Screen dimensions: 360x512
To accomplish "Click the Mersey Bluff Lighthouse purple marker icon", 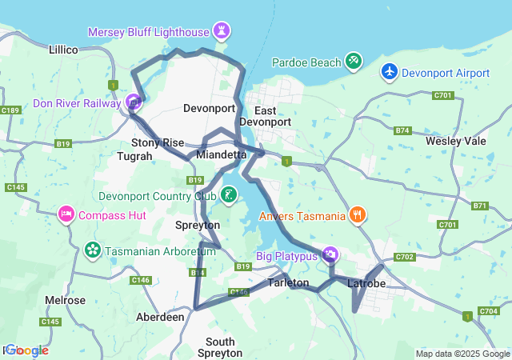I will point(222,32).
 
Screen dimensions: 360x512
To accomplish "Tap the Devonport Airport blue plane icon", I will point(390,72).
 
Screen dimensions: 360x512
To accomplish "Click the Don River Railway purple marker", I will point(134,102).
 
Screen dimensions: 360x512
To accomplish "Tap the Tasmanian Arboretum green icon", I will point(93,250).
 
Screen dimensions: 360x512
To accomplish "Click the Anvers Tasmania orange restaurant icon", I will point(358,214).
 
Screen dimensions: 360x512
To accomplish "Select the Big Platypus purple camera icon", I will point(330,255).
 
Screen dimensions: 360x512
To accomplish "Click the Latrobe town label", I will point(368,284).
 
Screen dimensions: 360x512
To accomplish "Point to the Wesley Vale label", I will point(456,141).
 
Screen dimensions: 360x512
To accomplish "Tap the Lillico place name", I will point(63,50).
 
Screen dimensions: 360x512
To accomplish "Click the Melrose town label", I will point(66,300).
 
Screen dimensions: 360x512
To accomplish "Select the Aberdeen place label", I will point(161,317).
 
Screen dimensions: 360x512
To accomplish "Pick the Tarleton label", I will point(288,283).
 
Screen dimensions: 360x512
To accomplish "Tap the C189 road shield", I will point(10,110).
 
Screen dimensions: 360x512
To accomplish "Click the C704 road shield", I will point(487,310).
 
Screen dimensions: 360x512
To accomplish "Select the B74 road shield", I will point(402,130).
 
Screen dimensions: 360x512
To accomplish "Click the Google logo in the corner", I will point(26,350).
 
